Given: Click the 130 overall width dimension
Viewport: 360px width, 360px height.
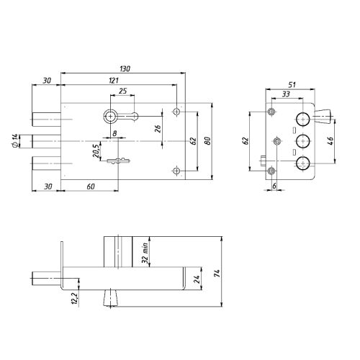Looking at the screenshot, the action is coord(125,69).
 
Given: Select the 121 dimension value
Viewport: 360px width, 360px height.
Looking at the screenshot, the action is coord(113,81).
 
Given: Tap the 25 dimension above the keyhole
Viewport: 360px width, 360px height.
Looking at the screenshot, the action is coord(122,91).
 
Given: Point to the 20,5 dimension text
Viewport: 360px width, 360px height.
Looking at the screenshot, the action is coord(96,151).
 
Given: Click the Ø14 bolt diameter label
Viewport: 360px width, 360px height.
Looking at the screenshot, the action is coord(14,141).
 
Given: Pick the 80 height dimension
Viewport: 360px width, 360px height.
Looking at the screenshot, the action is coord(208,140).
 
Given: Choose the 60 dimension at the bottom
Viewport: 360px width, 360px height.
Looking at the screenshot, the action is coord(91,186).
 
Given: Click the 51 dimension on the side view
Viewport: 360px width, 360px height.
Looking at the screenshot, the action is coord(292,85).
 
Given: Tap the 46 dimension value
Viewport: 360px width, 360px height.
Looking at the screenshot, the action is coord(330,140).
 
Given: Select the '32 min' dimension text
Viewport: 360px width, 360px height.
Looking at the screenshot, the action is coord(145,253).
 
